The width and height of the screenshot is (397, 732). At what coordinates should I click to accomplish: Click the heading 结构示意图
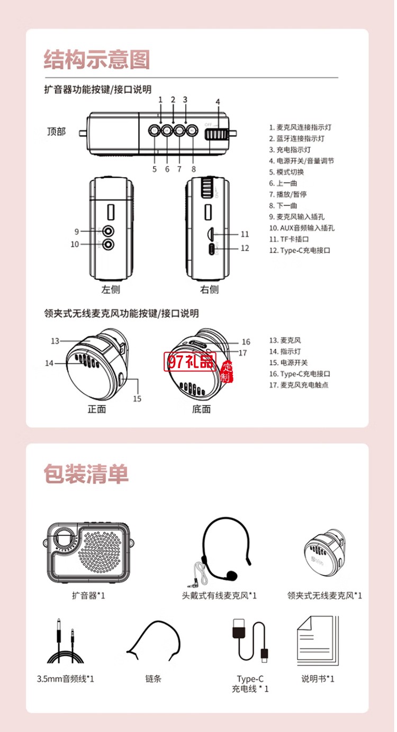(x=97, y=59)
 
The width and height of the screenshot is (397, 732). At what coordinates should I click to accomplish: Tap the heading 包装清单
(x=86, y=474)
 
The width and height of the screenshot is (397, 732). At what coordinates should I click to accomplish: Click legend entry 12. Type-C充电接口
(x=300, y=250)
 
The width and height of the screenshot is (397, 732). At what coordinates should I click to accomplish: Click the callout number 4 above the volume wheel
(x=218, y=102)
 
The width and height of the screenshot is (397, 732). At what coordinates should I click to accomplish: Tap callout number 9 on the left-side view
(x=76, y=231)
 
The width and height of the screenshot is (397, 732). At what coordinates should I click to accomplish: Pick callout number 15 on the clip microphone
(x=137, y=399)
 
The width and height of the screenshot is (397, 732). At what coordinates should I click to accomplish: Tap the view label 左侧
(x=111, y=289)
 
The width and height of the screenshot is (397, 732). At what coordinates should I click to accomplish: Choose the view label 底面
(x=201, y=409)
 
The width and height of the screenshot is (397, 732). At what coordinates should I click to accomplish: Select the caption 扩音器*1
(x=89, y=596)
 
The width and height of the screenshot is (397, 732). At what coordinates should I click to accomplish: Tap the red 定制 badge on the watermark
(x=227, y=371)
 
